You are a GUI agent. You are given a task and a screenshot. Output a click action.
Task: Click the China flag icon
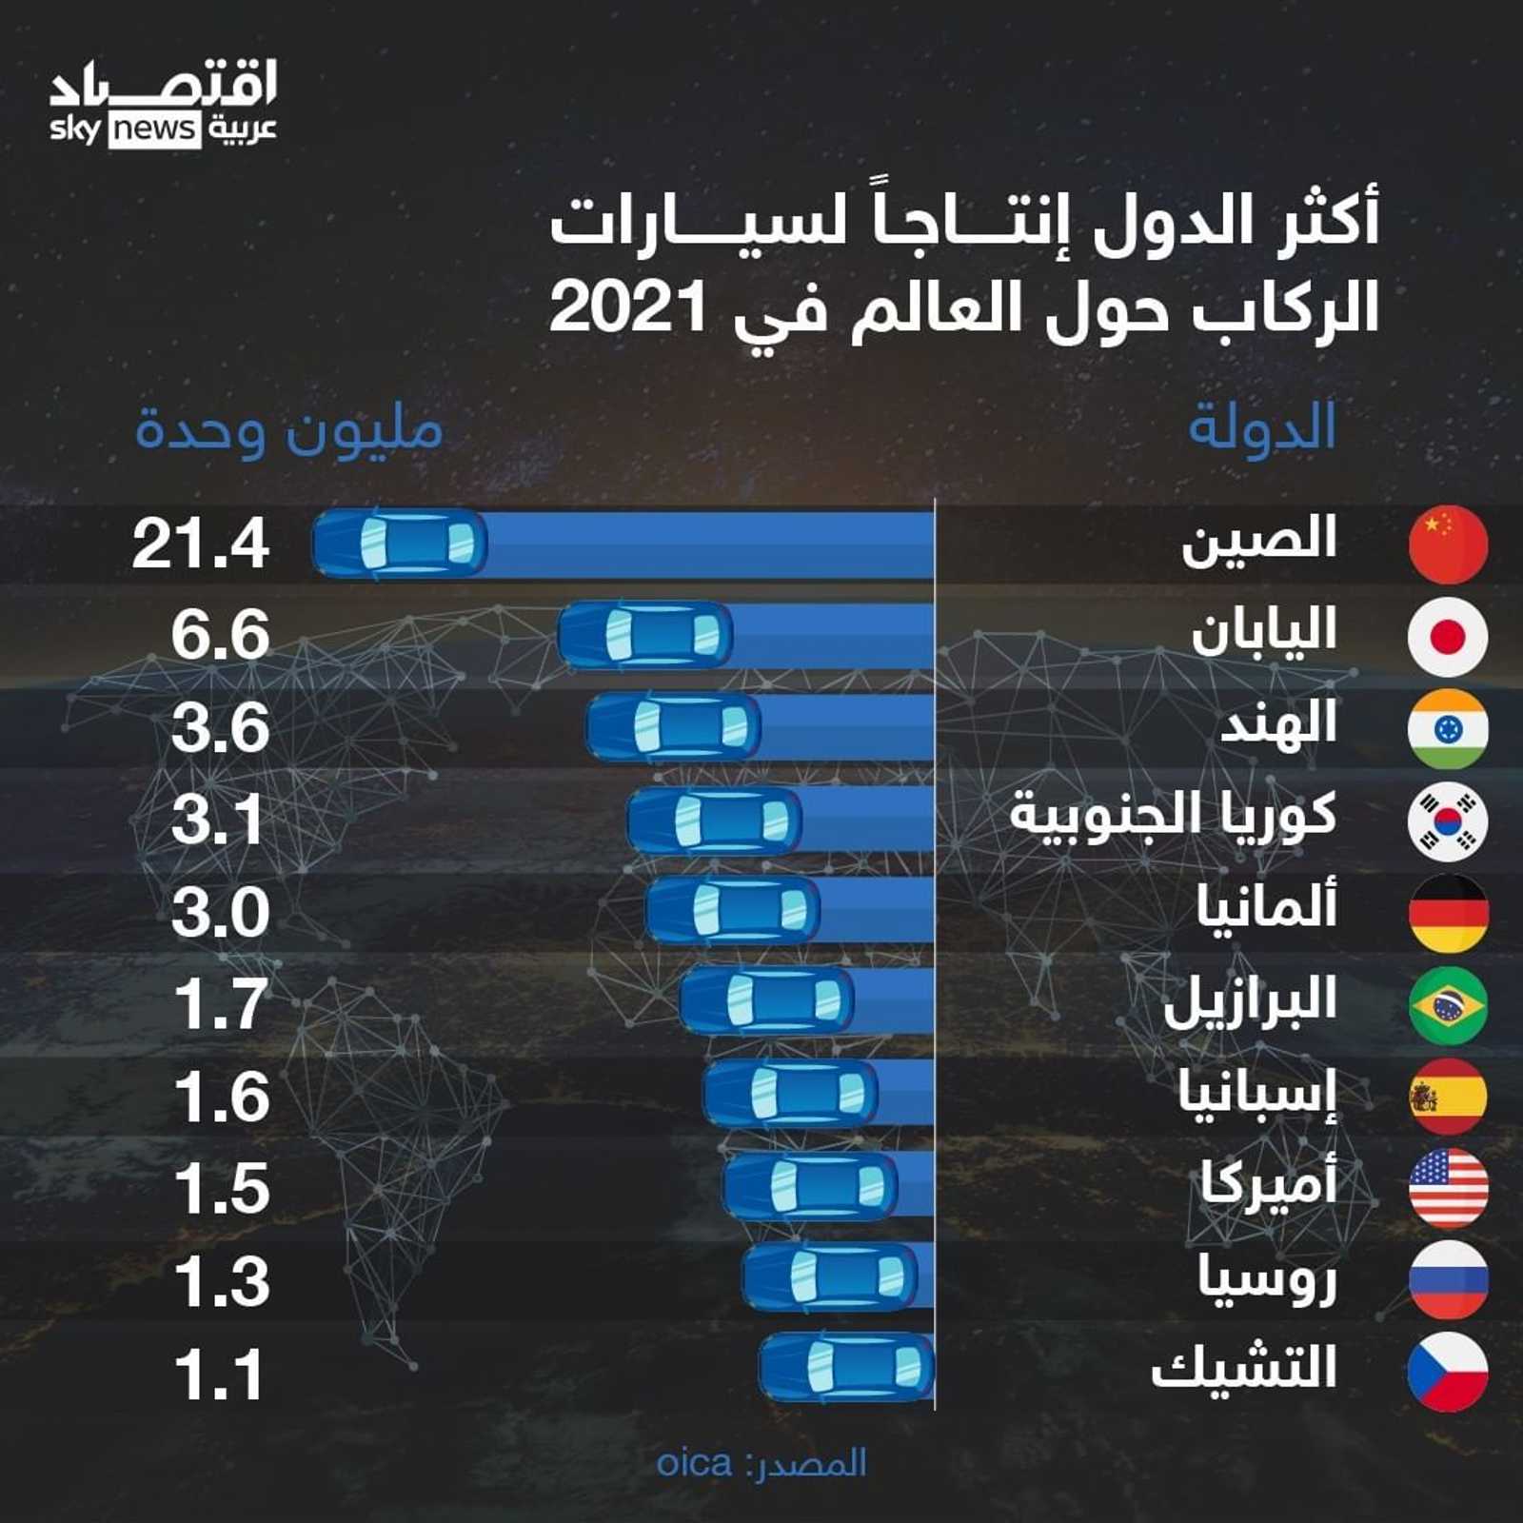pyautogui.click(x=1448, y=544)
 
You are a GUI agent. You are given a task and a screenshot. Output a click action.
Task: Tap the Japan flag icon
pyautogui.click(x=1448, y=636)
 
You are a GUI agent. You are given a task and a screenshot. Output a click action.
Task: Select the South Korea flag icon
pyautogui.click(x=1448, y=821)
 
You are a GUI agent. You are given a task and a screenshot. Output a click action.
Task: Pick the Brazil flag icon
pyautogui.click(x=1448, y=1005)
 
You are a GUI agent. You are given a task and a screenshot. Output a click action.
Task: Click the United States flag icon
pyautogui.click(x=1448, y=1188)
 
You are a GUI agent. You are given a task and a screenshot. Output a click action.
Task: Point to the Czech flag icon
pyautogui.click(x=1448, y=1372)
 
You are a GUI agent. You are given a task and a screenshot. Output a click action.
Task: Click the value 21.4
pyautogui.click(x=201, y=545)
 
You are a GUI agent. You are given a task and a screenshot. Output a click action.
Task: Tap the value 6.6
pyautogui.click(x=220, y=636)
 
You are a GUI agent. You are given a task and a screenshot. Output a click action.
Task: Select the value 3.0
pyautogui.click(x=220, y=913)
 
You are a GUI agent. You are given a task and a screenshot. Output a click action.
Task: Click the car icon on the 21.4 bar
pyautogui.click(x=400, y=544)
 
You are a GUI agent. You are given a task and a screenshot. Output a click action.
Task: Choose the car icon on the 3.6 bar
pyautogui.click(x=673, y=728)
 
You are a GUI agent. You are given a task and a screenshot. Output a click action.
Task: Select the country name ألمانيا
pyautogui.click(x=1267, y=908)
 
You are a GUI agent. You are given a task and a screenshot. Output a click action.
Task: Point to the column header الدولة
pyautogui.click(x=1262, y=428)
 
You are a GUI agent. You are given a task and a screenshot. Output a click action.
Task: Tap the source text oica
pyautogui.click(x=694, y=1463)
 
